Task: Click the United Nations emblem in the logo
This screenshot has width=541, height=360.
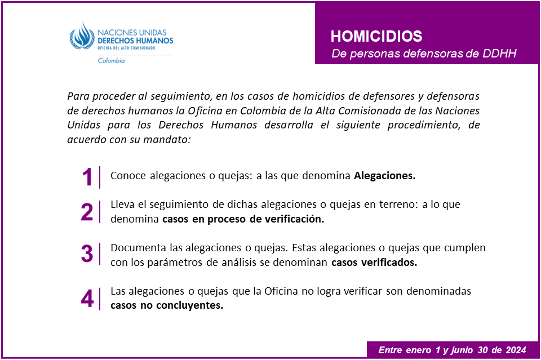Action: point(83,37)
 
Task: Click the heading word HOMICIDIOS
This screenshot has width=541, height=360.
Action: point(376,37)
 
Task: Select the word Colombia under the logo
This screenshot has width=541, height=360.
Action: point(111,61)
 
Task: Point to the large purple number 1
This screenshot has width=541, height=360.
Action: point(87,177)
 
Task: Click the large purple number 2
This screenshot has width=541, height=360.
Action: point(87,212)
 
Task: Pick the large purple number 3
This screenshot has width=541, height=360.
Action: point(87,254)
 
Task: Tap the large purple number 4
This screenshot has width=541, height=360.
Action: point(87,299)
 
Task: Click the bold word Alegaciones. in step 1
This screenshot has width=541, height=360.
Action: point(384,176)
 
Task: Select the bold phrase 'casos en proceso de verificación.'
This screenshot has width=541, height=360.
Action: point(243,220)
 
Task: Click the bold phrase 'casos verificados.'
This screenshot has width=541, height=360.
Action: point(374,263)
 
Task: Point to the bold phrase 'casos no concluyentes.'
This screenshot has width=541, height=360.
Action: point(167,306)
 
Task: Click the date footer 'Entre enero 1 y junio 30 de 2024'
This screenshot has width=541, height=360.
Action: point(452,350)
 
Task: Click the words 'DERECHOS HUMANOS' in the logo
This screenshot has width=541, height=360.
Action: point(135,41)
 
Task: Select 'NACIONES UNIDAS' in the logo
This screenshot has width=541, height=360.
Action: point(135,33)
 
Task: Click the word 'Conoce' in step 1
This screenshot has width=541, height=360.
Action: point(127,176)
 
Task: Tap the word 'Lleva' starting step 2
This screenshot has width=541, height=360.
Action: point(122,205)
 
